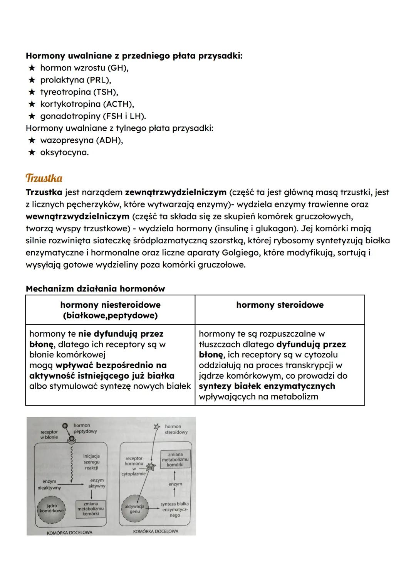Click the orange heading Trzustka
(x=44, y=179)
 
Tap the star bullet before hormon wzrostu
(x=32, y=68)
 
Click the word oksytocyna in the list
(x=64, y=152)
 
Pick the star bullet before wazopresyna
(x=32, y=140)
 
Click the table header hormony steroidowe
(x=280, y=305)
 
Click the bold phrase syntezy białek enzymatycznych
(x=267, y=386)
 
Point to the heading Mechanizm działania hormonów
(x=95, y=289)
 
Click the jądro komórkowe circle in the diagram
(x=52, y=508)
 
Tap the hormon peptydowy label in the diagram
(x=85, y=428)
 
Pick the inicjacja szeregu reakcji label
(x=91, y=462)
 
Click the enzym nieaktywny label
(x=49, y=484)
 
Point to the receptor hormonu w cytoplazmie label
(x=133, y=466)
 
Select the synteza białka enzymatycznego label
(x=174, y=509)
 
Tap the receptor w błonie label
(x=49, y=435)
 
